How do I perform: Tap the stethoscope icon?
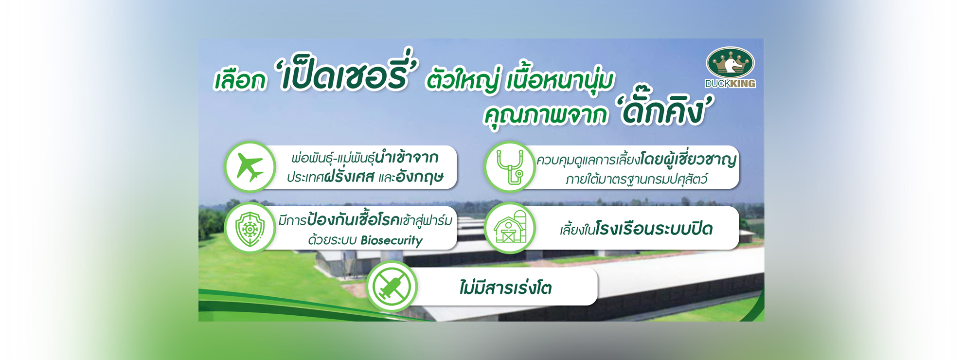pos(510,167)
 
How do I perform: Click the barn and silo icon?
pos(510,228)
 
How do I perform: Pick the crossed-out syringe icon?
pos(392,287)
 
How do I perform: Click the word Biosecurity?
pos(392,240)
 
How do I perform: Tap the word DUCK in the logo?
pos(716,84)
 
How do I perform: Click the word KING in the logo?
pos(742,84)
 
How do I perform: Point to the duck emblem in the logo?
pos(730,62)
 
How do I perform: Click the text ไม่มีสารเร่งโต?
pos(506,288)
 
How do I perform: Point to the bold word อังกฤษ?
pos(420,177)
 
